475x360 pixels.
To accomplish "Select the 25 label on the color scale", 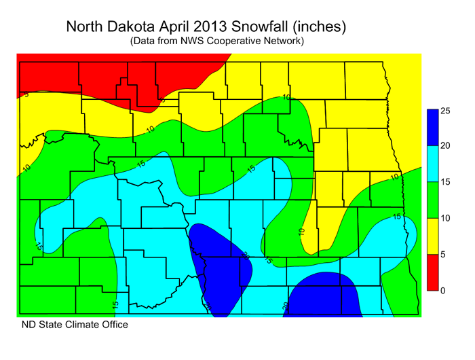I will (446, 110).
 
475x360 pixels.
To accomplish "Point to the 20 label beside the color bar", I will (446, 146).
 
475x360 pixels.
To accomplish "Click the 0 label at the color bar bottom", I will (443, 291).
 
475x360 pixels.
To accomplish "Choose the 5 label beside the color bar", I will (443, 255).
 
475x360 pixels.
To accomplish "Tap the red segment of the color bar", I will (432, 272).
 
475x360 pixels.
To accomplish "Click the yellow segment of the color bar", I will (432, 236).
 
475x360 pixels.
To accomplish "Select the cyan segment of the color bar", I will (432, 164).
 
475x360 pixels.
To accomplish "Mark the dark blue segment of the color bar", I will (432, 128).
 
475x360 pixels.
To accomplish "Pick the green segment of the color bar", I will (432, 200).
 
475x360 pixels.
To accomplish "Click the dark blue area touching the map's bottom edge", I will (326, 299).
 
